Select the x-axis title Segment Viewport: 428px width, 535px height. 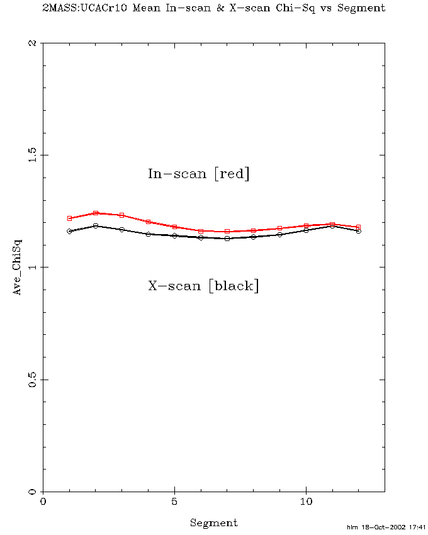coord(214,522)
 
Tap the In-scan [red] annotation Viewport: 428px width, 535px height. coord(199,174)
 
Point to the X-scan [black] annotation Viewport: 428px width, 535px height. coord(203,286)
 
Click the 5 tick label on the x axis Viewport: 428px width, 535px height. coord(174,502)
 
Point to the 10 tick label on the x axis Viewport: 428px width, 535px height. coord(306,502)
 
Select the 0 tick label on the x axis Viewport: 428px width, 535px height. coord(43,502)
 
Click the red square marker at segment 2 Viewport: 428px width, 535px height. coord(96,213)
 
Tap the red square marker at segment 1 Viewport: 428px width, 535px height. coord(69,218)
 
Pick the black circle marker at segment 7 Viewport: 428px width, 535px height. coord(227,239)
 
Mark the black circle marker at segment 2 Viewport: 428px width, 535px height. coord(96,225)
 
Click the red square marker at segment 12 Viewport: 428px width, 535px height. coord(359,227)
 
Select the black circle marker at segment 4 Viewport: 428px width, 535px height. coord(148,234)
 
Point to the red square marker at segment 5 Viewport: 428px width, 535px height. coord(174,227)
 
